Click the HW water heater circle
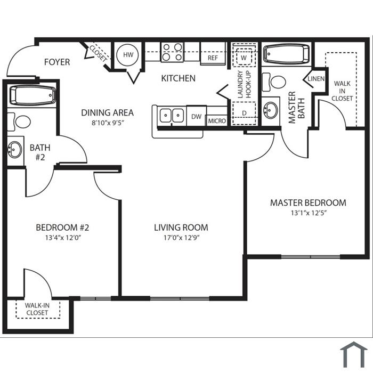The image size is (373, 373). pyautogui.click(x=128, y=55)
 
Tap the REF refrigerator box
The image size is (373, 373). pyautogui.click(x=213, y=53)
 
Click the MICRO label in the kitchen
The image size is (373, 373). pyautogui.click(x=217, y=121)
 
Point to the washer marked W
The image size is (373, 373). pyautogui.click(x=244, y=56)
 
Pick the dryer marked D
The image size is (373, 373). pyautogui.click(x=244, y=113)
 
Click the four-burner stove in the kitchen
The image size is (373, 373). pyautogui.click(x=172, y=52)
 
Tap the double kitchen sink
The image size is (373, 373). pyautogui.click(x=172, y=116)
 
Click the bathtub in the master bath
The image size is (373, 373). pyautogui.click(x=287, y=54)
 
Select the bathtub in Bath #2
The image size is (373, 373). pyautogui.click(x=33, y=95)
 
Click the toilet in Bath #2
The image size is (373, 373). pyautogui.click(x=19, y=121)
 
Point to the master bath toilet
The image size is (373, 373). pyautogui.click(x=274, y=82)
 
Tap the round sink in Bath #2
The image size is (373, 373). pyautogui.click(x=14, y=149)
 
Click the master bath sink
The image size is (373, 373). pyautogui.click(x=271, y=110)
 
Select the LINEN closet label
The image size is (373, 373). pyautogui.click(x=316, y=78)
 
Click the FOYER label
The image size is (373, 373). pyautogui.click(x=57, y=62)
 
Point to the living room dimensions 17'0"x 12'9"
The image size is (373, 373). pyautogui.click(x=181, y=238)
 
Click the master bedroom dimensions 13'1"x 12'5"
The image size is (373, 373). pyautogui.click(x=308, y=213)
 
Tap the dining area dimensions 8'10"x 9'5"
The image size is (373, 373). pyautogui.click(x=108, y=123)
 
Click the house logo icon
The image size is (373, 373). pyautogui.click(x=354, y=354)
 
